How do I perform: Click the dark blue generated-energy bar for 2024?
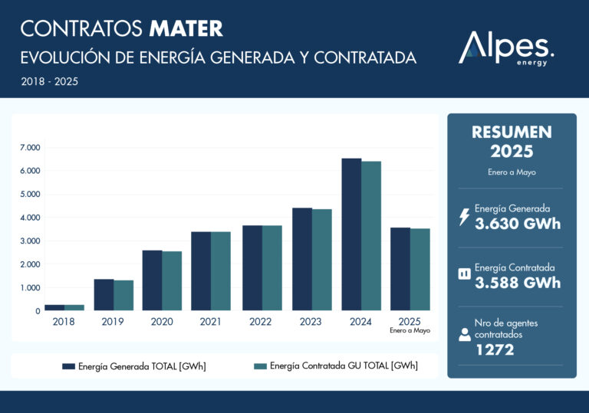coord(351,234)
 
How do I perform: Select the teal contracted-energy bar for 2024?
coord(371,236)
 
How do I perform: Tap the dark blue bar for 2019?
coord(104,295)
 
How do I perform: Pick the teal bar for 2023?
coord(321,260)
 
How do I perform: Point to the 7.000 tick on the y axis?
coord(31,147)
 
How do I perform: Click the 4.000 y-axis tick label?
coord(31,218)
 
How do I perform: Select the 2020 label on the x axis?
coord(162,322)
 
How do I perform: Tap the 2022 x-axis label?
coord(261,322)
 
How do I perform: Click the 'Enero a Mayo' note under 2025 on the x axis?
coord(410,331)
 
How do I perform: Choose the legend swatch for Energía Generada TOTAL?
coord(69,366)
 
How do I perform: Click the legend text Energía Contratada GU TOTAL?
coord(344,366)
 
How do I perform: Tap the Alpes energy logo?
coord(505,48)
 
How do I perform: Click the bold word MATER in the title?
coord(186,29)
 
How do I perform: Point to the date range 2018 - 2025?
coord(49,80)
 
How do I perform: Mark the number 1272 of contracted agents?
coord(494,350)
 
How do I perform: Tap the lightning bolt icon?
coord(463,218)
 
